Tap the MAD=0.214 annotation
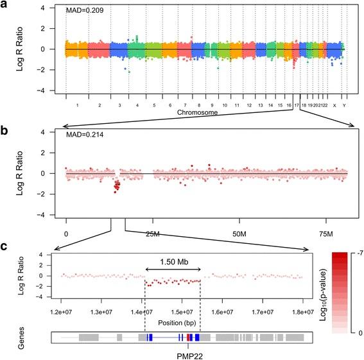coord(83,135)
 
